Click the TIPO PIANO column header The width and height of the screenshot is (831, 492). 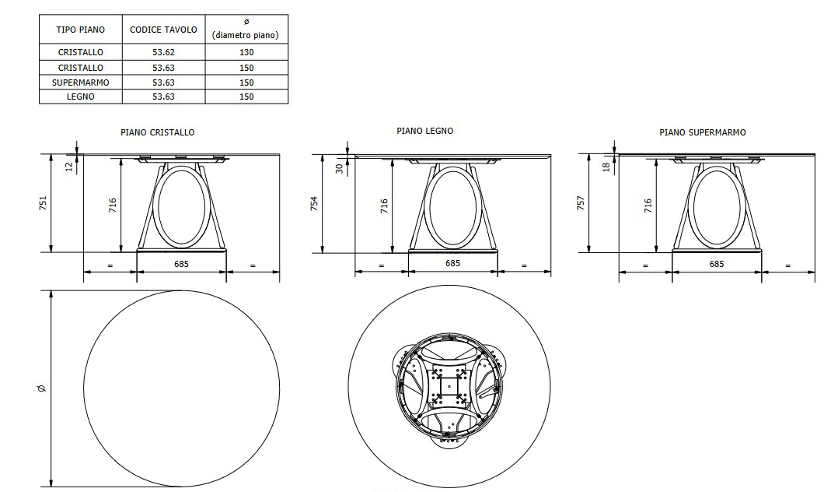tap(80, 30)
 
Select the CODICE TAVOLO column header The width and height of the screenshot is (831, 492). tap(163, 30)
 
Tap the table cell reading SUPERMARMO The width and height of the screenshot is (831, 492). tap(80, 82)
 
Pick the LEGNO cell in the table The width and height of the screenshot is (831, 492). tap(80, 97)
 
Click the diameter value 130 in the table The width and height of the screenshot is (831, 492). tap(246, 52)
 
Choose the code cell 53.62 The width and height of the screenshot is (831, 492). tap(163, 52)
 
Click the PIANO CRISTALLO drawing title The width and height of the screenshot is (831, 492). tap(158, 132)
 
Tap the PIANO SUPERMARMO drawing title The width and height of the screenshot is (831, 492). tap(702, 132)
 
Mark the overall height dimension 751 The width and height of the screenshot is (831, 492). tap(44, 202)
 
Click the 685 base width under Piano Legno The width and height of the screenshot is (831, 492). tap(452, 263)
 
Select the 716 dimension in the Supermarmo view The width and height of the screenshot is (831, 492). tap(648, 206)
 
